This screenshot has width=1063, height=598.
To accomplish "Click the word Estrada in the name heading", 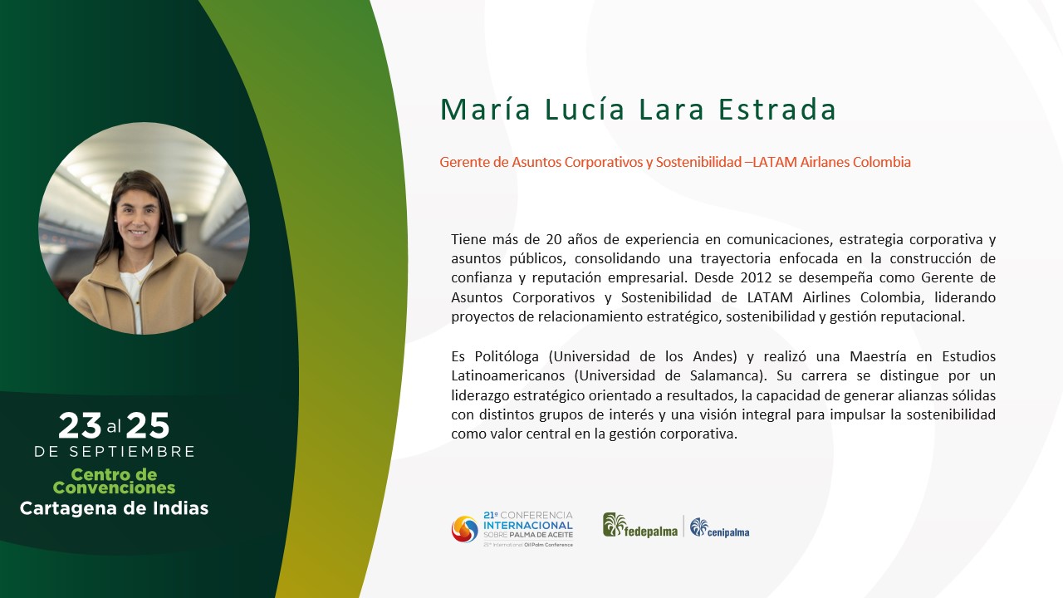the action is click(x=776, y=109).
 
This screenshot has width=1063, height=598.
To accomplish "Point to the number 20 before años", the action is click(x=554, y=239).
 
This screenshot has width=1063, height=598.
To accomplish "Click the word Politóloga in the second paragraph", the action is click(x=507, y=356).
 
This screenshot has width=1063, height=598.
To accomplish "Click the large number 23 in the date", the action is click(x=80, y=426).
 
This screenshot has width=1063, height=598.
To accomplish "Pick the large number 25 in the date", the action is click(x=148, y=426).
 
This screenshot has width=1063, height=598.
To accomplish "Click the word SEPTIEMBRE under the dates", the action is click(x=132, y=452).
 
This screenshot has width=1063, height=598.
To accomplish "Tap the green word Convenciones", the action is click(x=114, y=488).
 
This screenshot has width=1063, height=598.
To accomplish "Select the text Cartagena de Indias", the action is click(x=114, y=509).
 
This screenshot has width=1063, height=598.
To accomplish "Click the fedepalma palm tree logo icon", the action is click(x=614, y=525).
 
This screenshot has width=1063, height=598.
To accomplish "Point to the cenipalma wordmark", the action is click(x=728, y=533).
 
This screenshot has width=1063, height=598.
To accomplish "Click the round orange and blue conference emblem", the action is click(x=464, y=529).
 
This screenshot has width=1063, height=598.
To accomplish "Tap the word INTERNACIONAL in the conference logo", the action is click(x=528, y=526).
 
